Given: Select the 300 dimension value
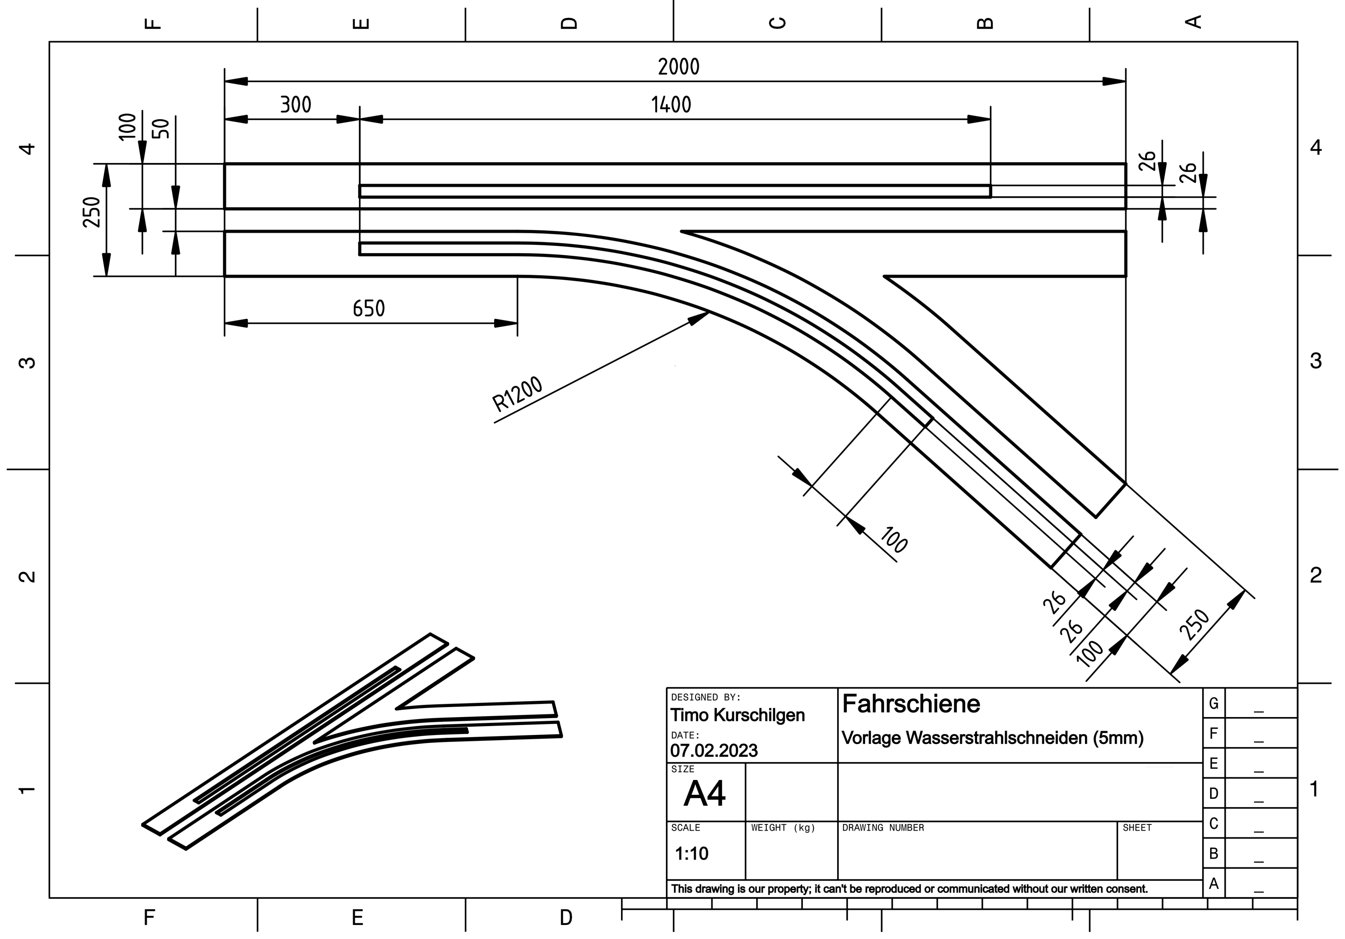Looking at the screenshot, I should (x=295, y=105).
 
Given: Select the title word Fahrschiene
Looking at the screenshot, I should (x=910, y=704).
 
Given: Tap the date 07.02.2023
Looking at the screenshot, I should (x=714, y=750).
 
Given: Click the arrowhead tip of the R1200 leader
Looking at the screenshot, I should (x=709, y=313).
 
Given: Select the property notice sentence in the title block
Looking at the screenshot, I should (x=909, y=889).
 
